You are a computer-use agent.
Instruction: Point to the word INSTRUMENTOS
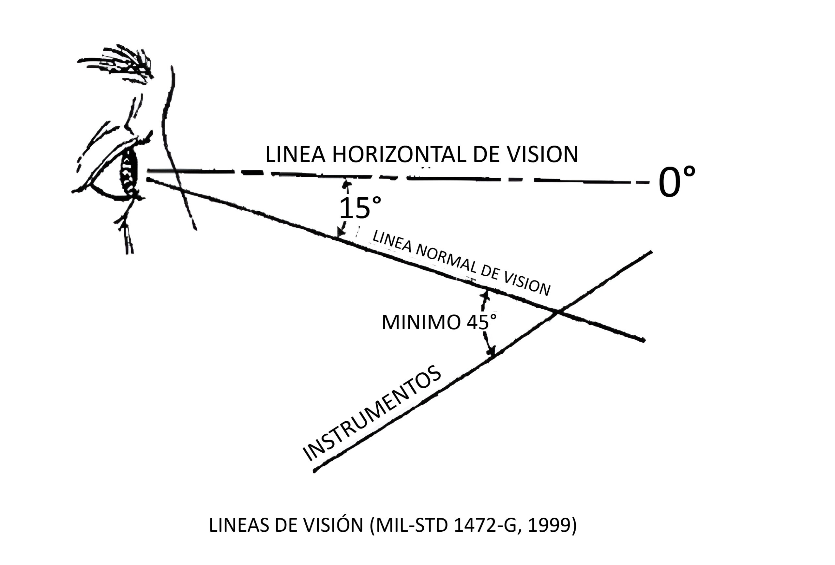tap(372, 413)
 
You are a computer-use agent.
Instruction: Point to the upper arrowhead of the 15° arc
tap(346, 184)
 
